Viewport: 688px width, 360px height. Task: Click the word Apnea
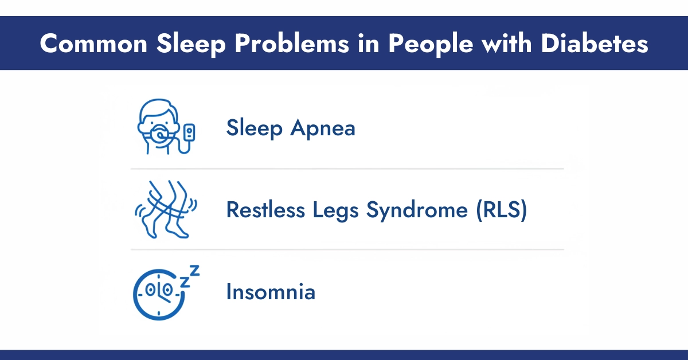[x=323, y=128]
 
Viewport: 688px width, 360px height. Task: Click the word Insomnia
[x=271, y=292]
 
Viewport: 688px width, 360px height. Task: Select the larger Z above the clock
[x=194, y=271]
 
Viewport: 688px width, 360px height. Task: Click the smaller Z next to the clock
[x=185, y=281]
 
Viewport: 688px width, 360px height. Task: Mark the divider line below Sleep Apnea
[x=347, y=169]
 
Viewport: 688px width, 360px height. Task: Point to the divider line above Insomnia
[x=347, y=250]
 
